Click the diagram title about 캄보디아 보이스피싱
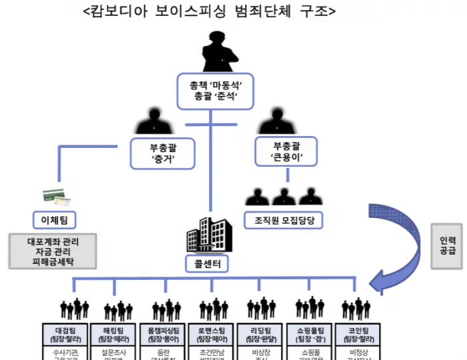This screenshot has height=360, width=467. pyautogui.click(x=209, y=11)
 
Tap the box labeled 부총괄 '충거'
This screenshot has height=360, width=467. pyautogui.click(x=163, y=154)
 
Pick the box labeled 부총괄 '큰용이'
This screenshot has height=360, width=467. pyautogui.click(x=288, y=152)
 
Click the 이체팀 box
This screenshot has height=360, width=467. pyautogui.click(x=55, y=219)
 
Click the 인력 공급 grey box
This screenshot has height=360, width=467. pyautogui.click(x=447, y=246)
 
